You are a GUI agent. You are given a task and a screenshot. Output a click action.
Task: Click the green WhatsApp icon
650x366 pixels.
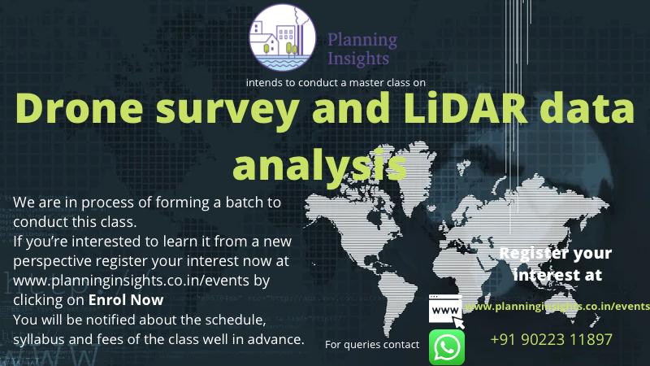click(x=446, y=347)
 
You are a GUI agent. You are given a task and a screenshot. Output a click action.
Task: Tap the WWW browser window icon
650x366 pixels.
click(x=446, y=311)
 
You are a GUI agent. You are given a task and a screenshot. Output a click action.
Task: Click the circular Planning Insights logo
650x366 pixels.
click(x=282, y=37)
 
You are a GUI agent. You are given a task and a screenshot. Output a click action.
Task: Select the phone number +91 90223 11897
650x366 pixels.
click(x=551, y=339)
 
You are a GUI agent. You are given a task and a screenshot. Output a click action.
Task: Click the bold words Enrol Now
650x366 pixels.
click(x=126, y=299)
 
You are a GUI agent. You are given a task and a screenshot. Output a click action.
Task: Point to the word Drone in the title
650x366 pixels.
click(x=80, y=108)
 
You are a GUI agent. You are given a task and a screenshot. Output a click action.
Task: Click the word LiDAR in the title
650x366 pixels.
click(x=464, y=108)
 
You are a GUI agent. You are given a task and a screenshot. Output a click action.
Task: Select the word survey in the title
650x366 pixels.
click(x=227, y=111)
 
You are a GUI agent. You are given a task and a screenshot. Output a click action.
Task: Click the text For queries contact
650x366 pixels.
click(x=372, y=344)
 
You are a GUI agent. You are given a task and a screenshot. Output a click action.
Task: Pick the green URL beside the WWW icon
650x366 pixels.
click(x=557, y=307)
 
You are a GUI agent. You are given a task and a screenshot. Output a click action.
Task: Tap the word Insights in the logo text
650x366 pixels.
click(x=358, y=59)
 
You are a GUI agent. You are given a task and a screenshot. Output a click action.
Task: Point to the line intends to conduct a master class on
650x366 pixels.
click(x=336, y=83)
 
